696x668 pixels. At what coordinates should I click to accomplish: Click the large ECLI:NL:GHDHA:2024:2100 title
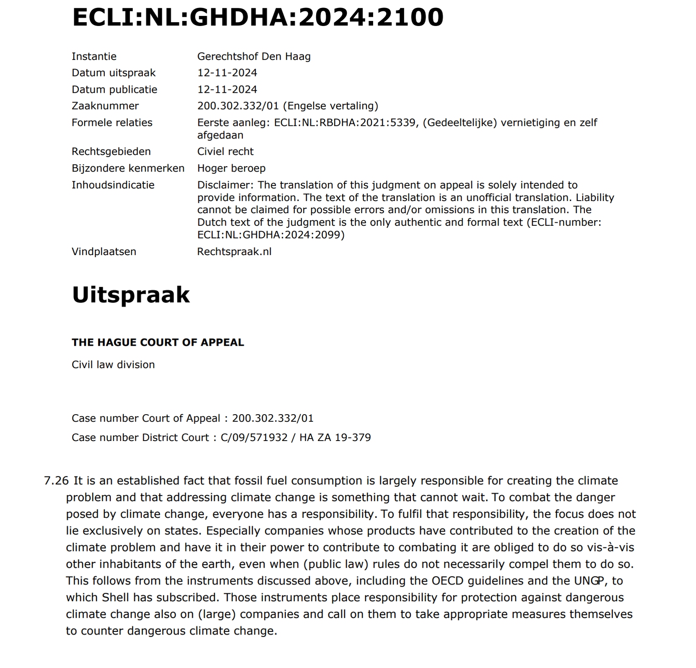point(257,18)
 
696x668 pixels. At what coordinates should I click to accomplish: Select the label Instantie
point(94,56)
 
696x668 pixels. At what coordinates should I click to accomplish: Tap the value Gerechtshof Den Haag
point(254,56)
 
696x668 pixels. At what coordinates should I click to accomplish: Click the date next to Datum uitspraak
point(227,73)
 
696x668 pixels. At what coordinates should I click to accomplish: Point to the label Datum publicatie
point(114,89)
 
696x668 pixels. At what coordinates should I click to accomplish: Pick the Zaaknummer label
point(105,106)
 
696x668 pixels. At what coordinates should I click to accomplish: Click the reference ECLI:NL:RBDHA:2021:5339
point(344,123)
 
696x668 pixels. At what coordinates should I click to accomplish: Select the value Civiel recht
point(225,151)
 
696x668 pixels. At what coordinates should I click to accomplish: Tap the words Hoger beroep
point(231,168)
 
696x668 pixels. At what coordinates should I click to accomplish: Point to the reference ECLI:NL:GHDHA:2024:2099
point(271,235)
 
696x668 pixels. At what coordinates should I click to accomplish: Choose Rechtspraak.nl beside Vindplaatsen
point(234,251)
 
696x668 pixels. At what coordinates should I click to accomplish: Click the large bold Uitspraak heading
point(131,295)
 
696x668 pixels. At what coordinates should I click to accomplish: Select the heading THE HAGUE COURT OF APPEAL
point(158,342)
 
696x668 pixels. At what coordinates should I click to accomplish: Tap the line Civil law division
point(113,365)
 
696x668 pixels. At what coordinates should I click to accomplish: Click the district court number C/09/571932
point(254,437)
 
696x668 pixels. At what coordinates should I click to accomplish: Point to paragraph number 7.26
point(56,480)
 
